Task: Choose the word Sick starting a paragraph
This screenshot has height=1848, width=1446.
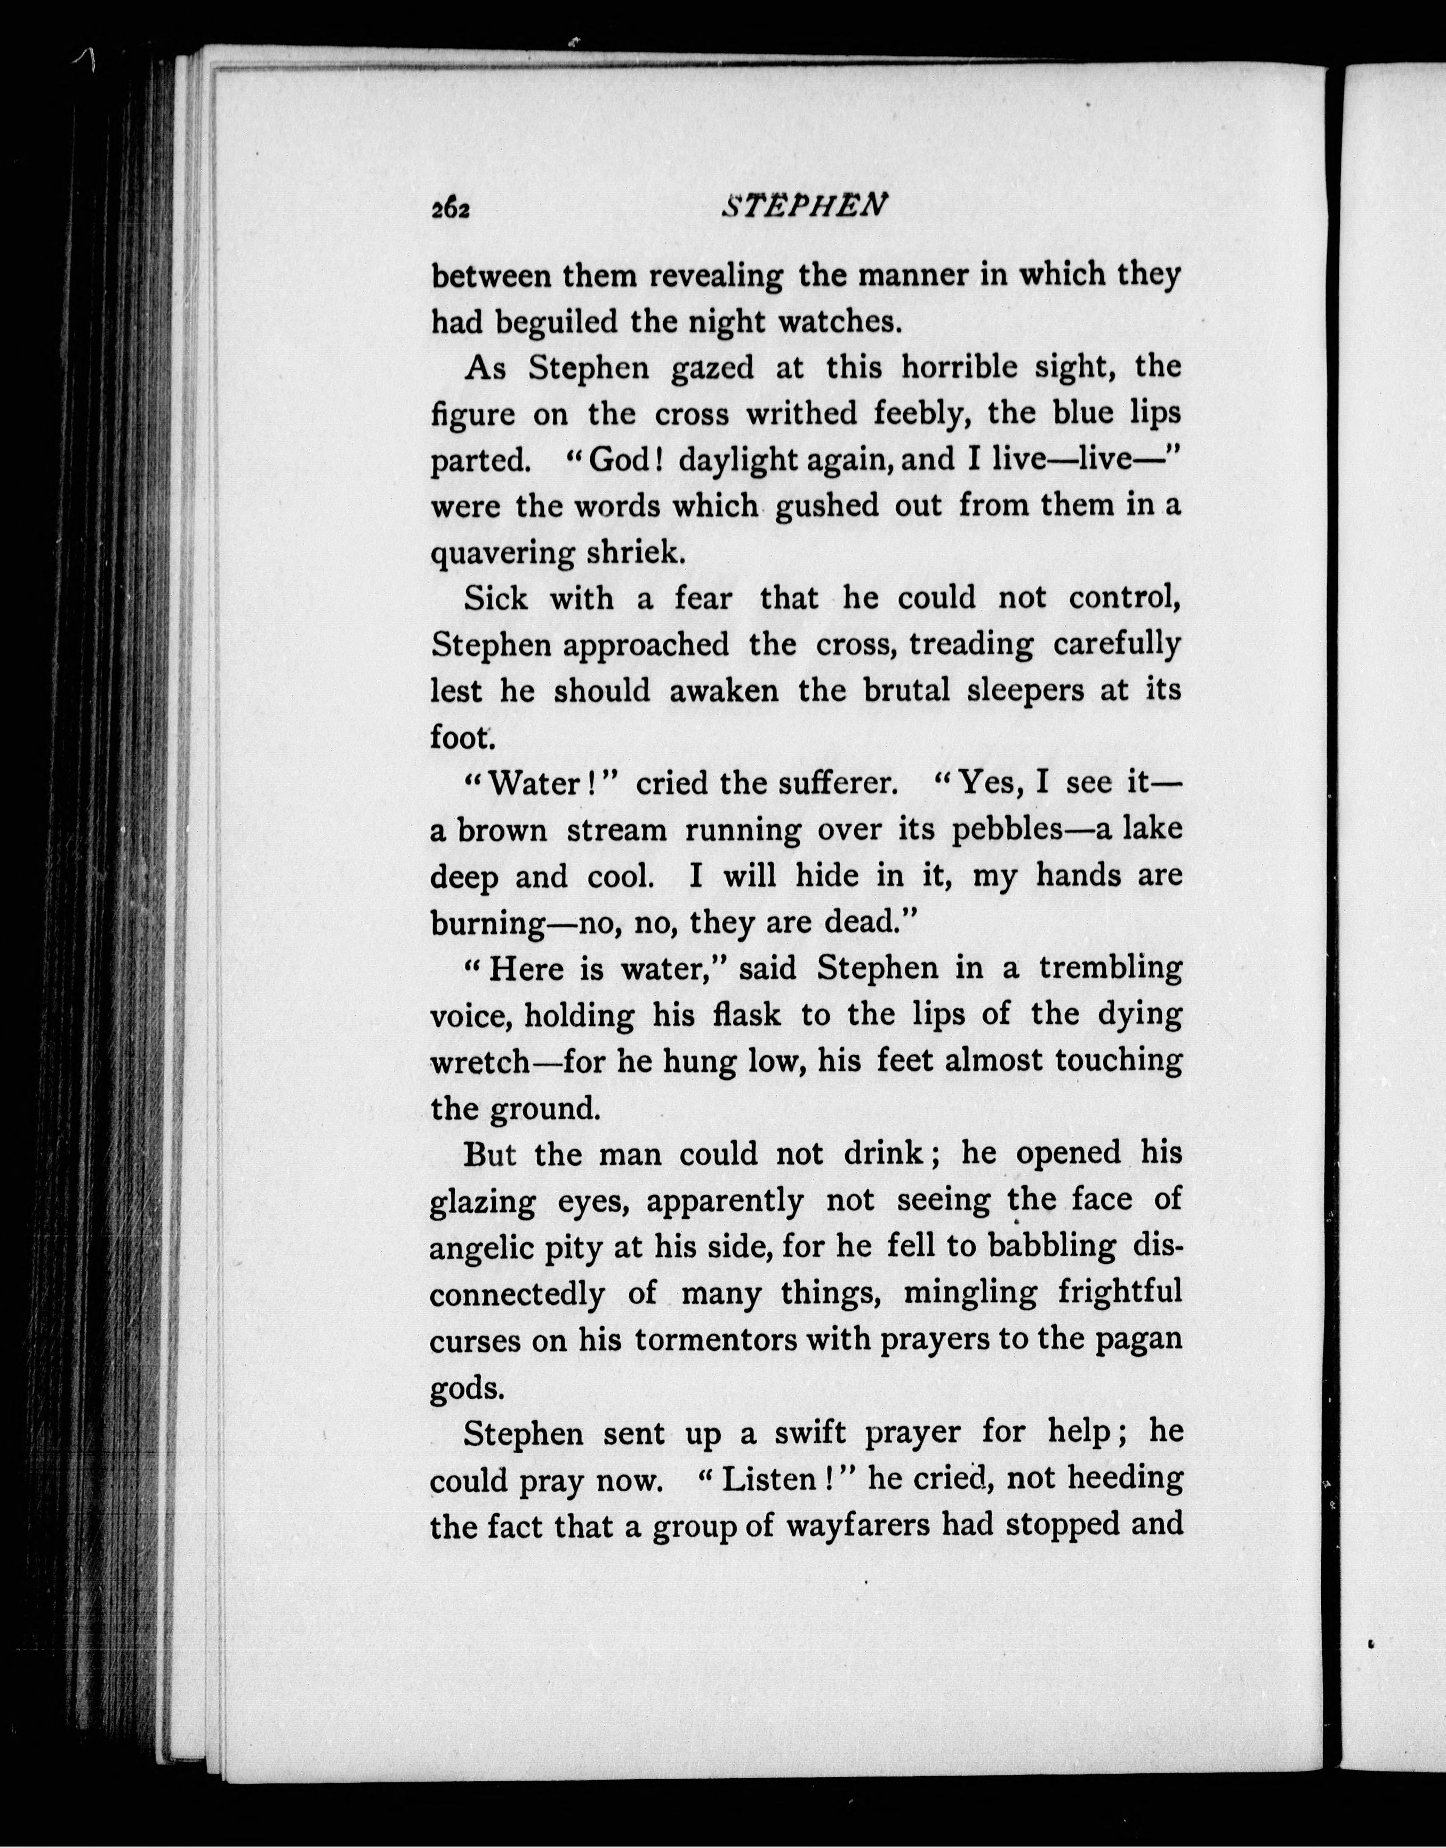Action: click(x=496, y=599)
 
